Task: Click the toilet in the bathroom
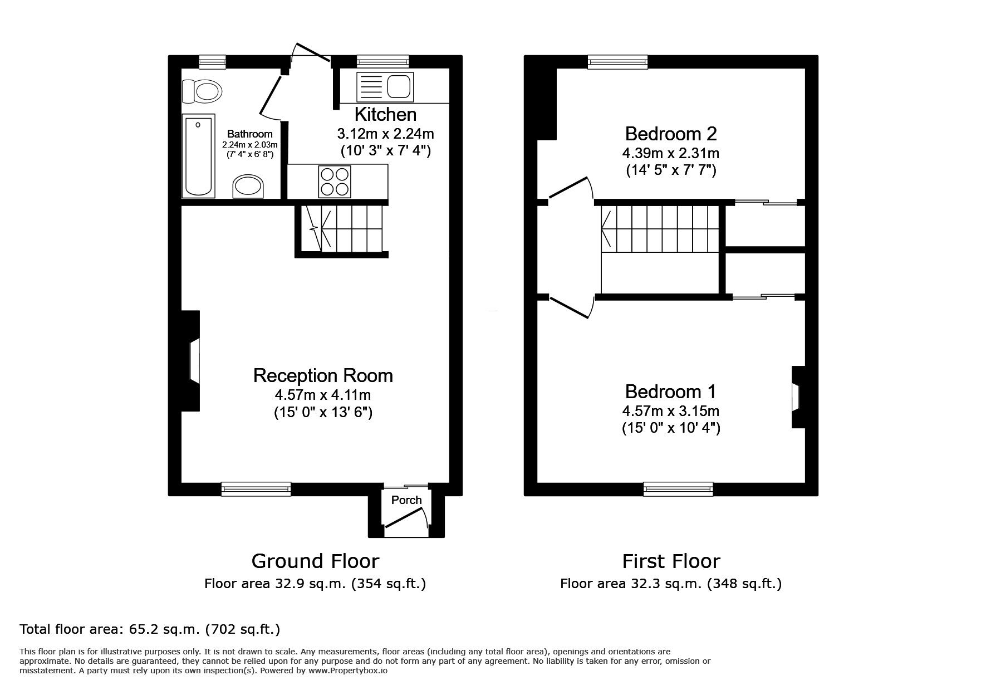[x=203, y=91]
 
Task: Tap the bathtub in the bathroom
[x=198, y=155]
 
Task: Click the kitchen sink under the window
[x=385, y=87]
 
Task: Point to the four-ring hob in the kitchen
[x=334, y=182]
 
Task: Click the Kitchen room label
[x=385, y=115]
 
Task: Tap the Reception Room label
[x=323, y=375]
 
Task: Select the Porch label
[x=406, y=500]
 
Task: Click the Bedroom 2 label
[x=671, y=134]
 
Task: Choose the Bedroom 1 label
[x=671, y=392]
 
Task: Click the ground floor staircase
[x=341, y=228]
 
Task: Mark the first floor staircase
[x=660, y=228]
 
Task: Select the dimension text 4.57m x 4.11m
[x=323, y=395]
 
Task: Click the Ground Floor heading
[x=315, y=561]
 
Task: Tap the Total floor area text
[x=150, y=629]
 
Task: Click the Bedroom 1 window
[x=678, y=488]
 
